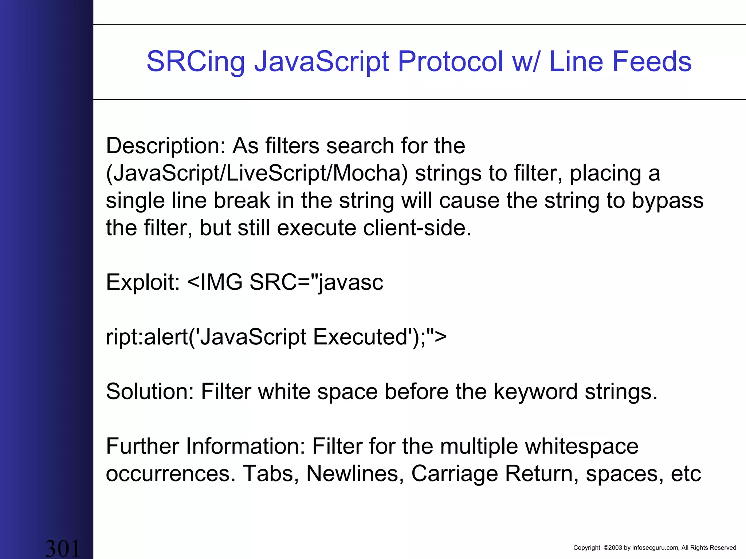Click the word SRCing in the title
(x=196, y=62)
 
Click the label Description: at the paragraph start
(x=166, y=146)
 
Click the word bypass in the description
(x=667, y=201)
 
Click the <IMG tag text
(x=215, y=282)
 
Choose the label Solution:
(x=150, y=392)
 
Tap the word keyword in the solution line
(x=535, y=392)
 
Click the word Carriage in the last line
(x=454, y=474)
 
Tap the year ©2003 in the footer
(x=612, y=548)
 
